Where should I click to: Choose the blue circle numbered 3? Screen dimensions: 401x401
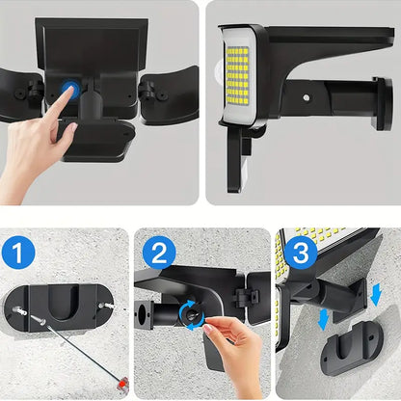point(301,254)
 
